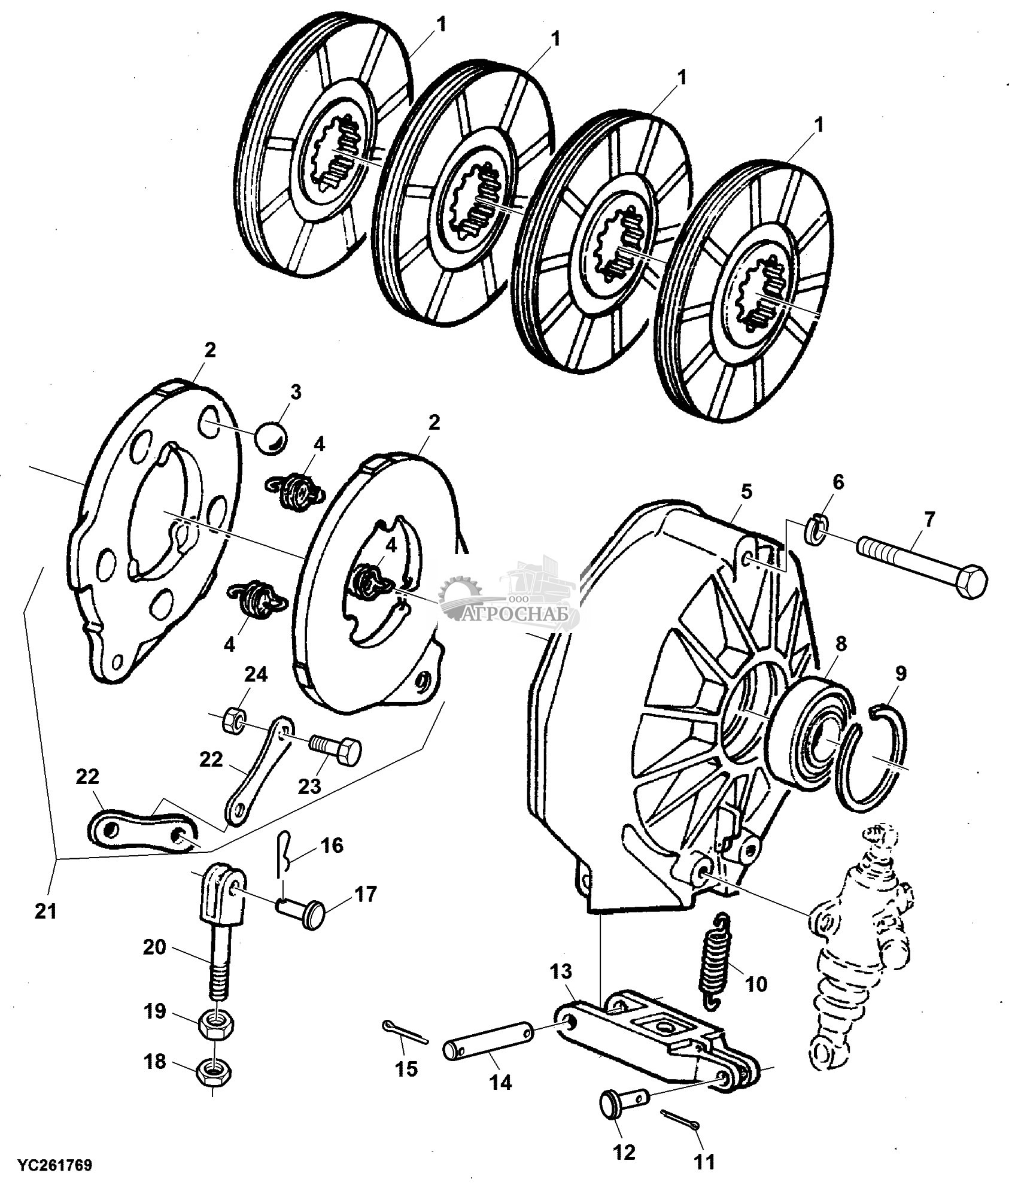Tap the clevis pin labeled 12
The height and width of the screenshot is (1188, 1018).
pos(618,1101)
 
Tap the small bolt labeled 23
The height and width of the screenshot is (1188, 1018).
pos(337,749)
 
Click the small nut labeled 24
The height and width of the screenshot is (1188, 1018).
pos(233,722)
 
